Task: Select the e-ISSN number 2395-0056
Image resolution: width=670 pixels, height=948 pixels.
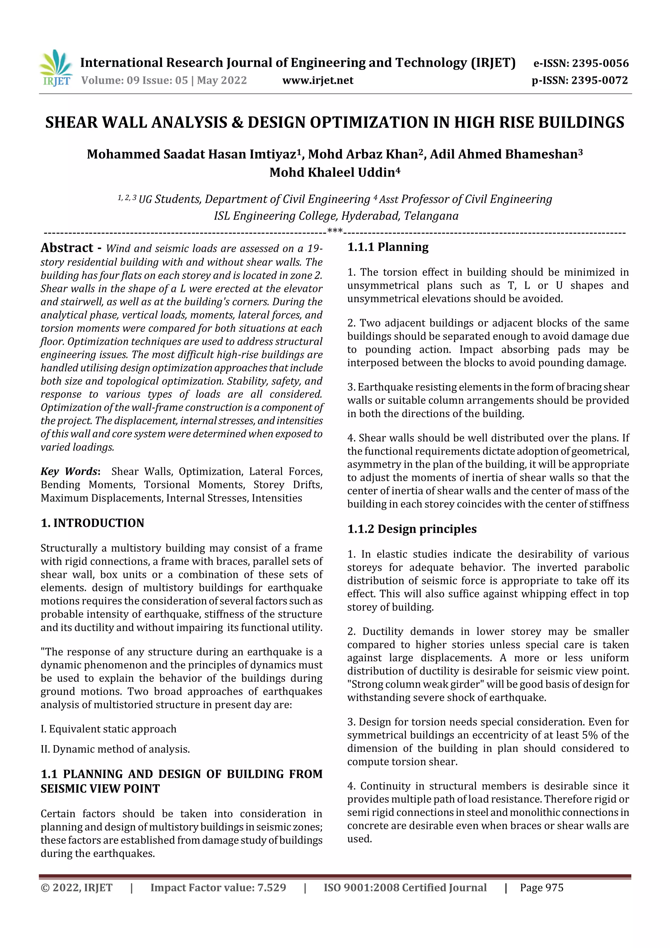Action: pos(600,63)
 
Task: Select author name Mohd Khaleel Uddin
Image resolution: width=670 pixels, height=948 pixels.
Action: pos(334,172)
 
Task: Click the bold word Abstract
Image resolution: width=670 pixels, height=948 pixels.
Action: pos(67,248)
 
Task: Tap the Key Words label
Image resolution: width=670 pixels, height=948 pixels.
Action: pos(70,472)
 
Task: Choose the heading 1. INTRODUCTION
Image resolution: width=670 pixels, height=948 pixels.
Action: pos(93,523)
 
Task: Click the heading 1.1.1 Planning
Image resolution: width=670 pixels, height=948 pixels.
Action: pos(388,247)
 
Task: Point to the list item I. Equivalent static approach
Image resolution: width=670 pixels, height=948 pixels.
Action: pos(108,729)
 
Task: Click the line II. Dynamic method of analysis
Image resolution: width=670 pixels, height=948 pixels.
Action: pos(115,749)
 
